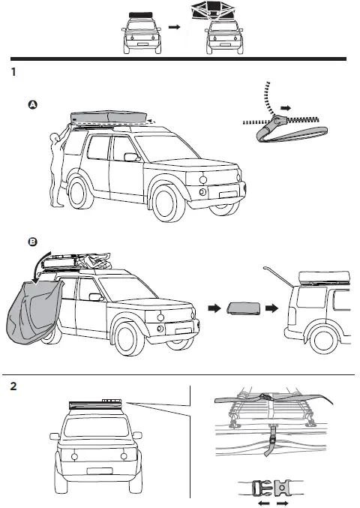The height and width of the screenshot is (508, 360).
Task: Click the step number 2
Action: (x=13, y=387)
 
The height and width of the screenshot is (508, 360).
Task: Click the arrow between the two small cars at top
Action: (x=175, y=27)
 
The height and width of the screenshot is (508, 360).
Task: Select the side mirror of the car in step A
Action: (x=131, y=158)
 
